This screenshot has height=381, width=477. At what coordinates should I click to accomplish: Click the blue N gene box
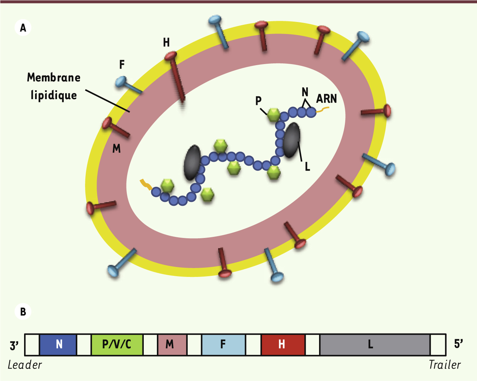click(58, 345)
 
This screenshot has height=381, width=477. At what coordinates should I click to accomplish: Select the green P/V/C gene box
click(117, 345)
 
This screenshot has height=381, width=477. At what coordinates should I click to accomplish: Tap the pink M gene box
click(172, 345)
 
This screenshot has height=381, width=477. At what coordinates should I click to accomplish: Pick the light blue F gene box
click(224, 345)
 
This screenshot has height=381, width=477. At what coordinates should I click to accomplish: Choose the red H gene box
click(283, 345)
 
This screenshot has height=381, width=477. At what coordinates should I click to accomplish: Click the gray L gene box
click(375, 345)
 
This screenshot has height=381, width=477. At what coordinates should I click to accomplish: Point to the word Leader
click(24, 365)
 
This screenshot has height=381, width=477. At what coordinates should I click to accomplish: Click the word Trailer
click(445, 365)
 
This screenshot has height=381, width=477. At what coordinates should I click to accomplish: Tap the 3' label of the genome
click(14, 345)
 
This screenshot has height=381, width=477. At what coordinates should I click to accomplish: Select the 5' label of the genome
click(458, 344)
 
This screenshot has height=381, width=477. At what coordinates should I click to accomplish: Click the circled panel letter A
click(23, 28)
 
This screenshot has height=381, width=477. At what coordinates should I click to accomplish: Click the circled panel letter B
click(23, 311)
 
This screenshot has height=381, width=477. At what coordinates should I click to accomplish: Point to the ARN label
click(326, 98)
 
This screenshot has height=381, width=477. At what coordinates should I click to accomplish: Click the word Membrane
click(53, 78)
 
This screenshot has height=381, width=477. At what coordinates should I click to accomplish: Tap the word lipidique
click(54, 96)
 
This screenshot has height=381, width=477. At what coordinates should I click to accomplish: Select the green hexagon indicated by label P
click(273, 115)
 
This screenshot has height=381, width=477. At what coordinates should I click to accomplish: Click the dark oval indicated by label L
click(292, 140)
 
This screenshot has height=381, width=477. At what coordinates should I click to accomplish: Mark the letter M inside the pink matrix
click(117, 148)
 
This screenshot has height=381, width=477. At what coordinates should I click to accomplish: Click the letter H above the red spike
click(166, 42)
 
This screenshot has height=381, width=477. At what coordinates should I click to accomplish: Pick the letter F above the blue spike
click(122, 64)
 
